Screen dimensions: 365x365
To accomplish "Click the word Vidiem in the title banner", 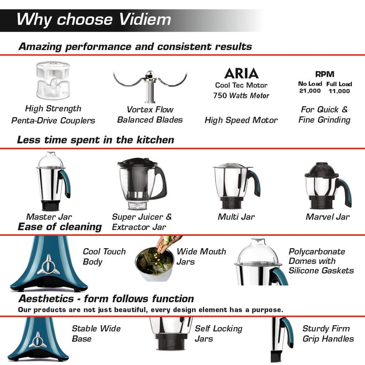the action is tap(145, 19).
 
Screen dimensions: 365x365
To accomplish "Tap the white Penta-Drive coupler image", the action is tap(54, 80).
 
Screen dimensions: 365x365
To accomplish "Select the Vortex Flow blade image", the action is tap(150, 86).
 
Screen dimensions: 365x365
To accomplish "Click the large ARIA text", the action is tap(241, 73).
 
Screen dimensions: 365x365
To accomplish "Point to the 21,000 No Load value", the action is tap(310, 91).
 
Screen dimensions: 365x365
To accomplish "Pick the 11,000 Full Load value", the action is tap(339, 91).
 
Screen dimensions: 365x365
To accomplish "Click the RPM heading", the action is tap(325, 74).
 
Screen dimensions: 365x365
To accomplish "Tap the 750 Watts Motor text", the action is tap(241, 95).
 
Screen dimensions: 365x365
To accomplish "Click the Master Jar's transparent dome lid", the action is tap(50, 160).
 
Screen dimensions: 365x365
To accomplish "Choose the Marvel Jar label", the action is tap(328, 217).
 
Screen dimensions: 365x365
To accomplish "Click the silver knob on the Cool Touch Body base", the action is tap(48, 265).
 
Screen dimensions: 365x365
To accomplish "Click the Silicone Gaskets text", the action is tap(321, 271).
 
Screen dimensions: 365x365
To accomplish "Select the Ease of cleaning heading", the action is tap(60, 227).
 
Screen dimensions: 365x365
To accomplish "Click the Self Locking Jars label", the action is tap(219, 333).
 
